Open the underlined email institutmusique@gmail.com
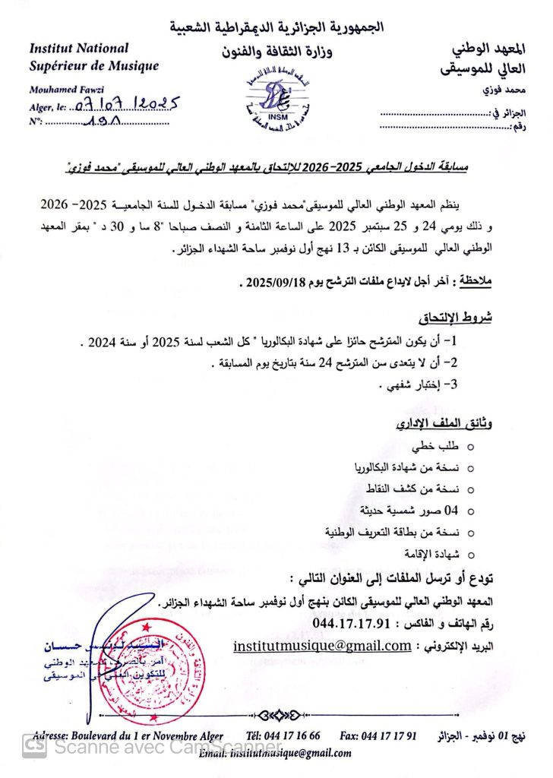(322, 646)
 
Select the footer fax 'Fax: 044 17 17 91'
(378, 735)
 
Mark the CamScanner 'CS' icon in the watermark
(33, 747)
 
